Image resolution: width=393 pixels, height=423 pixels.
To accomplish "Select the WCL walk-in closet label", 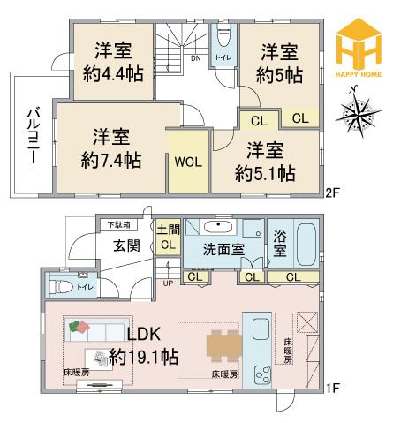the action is coord(188,162).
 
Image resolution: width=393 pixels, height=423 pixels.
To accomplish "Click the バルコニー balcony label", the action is coord(33,136).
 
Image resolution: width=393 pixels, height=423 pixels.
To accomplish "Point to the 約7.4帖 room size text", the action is coord(111,160).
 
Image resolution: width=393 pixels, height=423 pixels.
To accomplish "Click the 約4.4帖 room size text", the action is coord(113,73).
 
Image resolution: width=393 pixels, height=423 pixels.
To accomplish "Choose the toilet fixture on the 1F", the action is coord(61,286).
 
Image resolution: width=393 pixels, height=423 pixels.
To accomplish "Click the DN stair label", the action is coord(196,58).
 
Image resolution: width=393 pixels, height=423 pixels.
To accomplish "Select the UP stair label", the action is coord(168,283).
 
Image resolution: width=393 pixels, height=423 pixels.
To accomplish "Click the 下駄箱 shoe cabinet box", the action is coord(119,225).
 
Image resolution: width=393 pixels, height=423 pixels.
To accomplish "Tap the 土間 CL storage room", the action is coord(168,237).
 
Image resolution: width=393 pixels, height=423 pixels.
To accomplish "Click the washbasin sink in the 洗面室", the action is coord(218,227).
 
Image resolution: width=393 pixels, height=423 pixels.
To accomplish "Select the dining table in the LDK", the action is coord(224,345).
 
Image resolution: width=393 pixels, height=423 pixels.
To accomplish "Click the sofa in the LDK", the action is coord(97,329).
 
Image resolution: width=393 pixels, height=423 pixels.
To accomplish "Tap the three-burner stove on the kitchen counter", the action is coord(262,374).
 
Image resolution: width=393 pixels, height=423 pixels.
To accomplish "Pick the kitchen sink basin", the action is coord(261,329).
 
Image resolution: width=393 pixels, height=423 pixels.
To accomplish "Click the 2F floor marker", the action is coord(333,193).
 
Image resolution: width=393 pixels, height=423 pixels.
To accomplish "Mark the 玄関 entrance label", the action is coord(127,245).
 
